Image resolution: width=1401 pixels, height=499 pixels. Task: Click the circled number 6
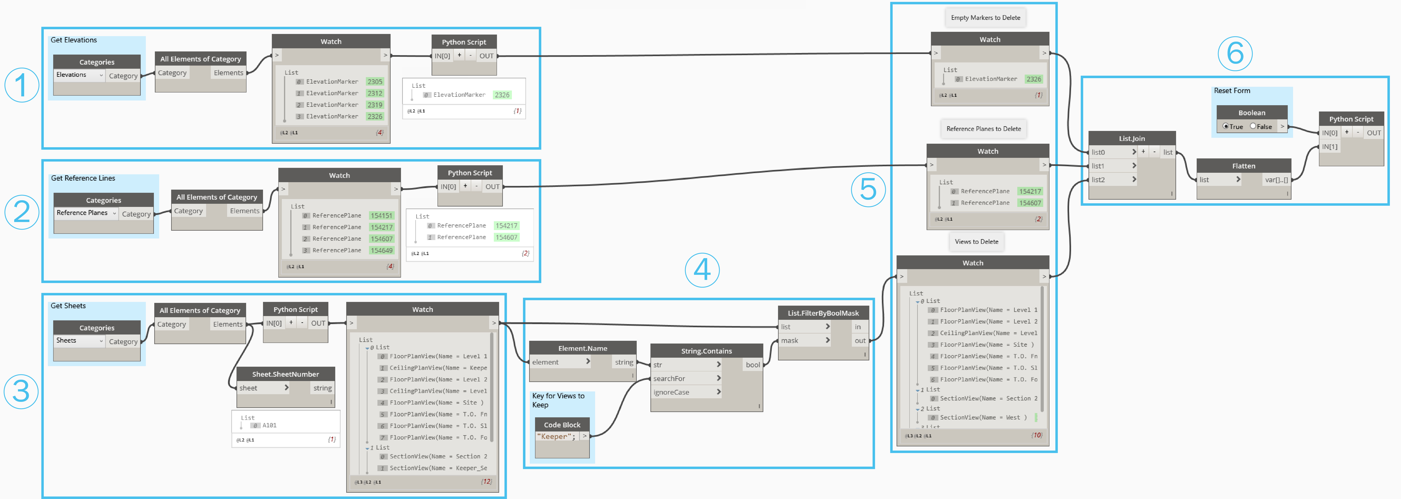1235,53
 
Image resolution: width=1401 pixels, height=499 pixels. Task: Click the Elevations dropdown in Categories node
79,75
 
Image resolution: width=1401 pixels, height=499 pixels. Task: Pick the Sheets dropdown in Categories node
79,341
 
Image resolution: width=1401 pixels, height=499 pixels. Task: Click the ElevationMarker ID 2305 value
375,82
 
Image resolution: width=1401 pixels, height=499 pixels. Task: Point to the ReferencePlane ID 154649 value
381,250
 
